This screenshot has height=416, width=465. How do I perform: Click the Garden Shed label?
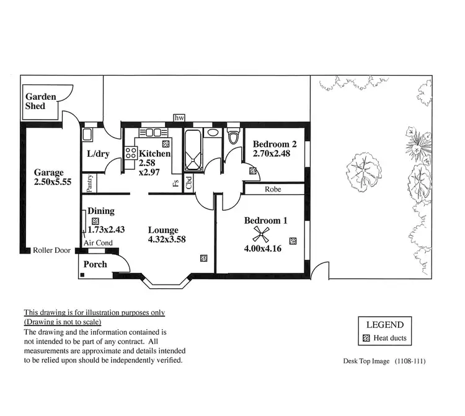[40, 101]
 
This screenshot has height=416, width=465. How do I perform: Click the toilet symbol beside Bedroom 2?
[232, 136]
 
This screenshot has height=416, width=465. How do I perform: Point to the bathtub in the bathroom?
[193, 151]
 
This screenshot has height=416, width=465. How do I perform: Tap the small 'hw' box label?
[180, 118]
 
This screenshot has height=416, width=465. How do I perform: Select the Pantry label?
[90, 182]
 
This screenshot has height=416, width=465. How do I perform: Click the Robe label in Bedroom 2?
[273, 189]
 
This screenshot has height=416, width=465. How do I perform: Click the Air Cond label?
[98, 243]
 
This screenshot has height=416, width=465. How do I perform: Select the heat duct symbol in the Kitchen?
[165, 143]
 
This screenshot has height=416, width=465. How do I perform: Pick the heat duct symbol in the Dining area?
[95, 221]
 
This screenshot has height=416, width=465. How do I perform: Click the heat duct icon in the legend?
[366, 339]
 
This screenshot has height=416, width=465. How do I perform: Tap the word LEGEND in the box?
[384, 325]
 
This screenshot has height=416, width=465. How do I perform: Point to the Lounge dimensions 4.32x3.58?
[167, 239]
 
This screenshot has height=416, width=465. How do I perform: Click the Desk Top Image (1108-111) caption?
[384, 361]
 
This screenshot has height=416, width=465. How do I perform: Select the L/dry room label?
[98, 154]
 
